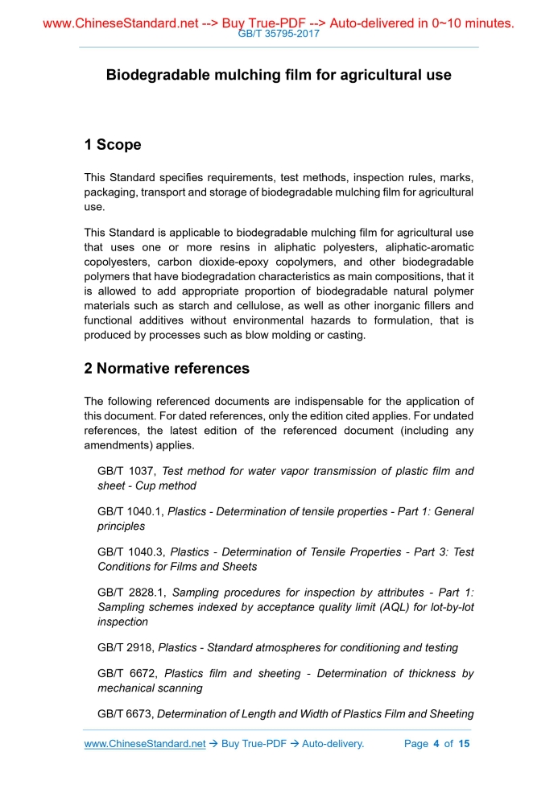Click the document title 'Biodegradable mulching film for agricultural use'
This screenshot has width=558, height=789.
tap(279, 75)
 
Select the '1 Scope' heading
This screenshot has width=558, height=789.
tap(113, 145)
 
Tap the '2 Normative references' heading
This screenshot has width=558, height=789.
tap(167, 369)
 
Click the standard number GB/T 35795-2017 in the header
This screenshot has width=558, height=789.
tap(279, 34)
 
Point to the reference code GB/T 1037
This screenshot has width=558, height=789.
tap(127, 471)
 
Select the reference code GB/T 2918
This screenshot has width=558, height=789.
tap(126, 647)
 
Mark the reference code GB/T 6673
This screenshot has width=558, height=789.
tap(126, 714)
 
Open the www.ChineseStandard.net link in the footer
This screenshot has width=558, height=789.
tap(145, 744)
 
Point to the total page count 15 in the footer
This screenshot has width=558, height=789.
tap(464, 744)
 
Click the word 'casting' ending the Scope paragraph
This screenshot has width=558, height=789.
tap(345, 335)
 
